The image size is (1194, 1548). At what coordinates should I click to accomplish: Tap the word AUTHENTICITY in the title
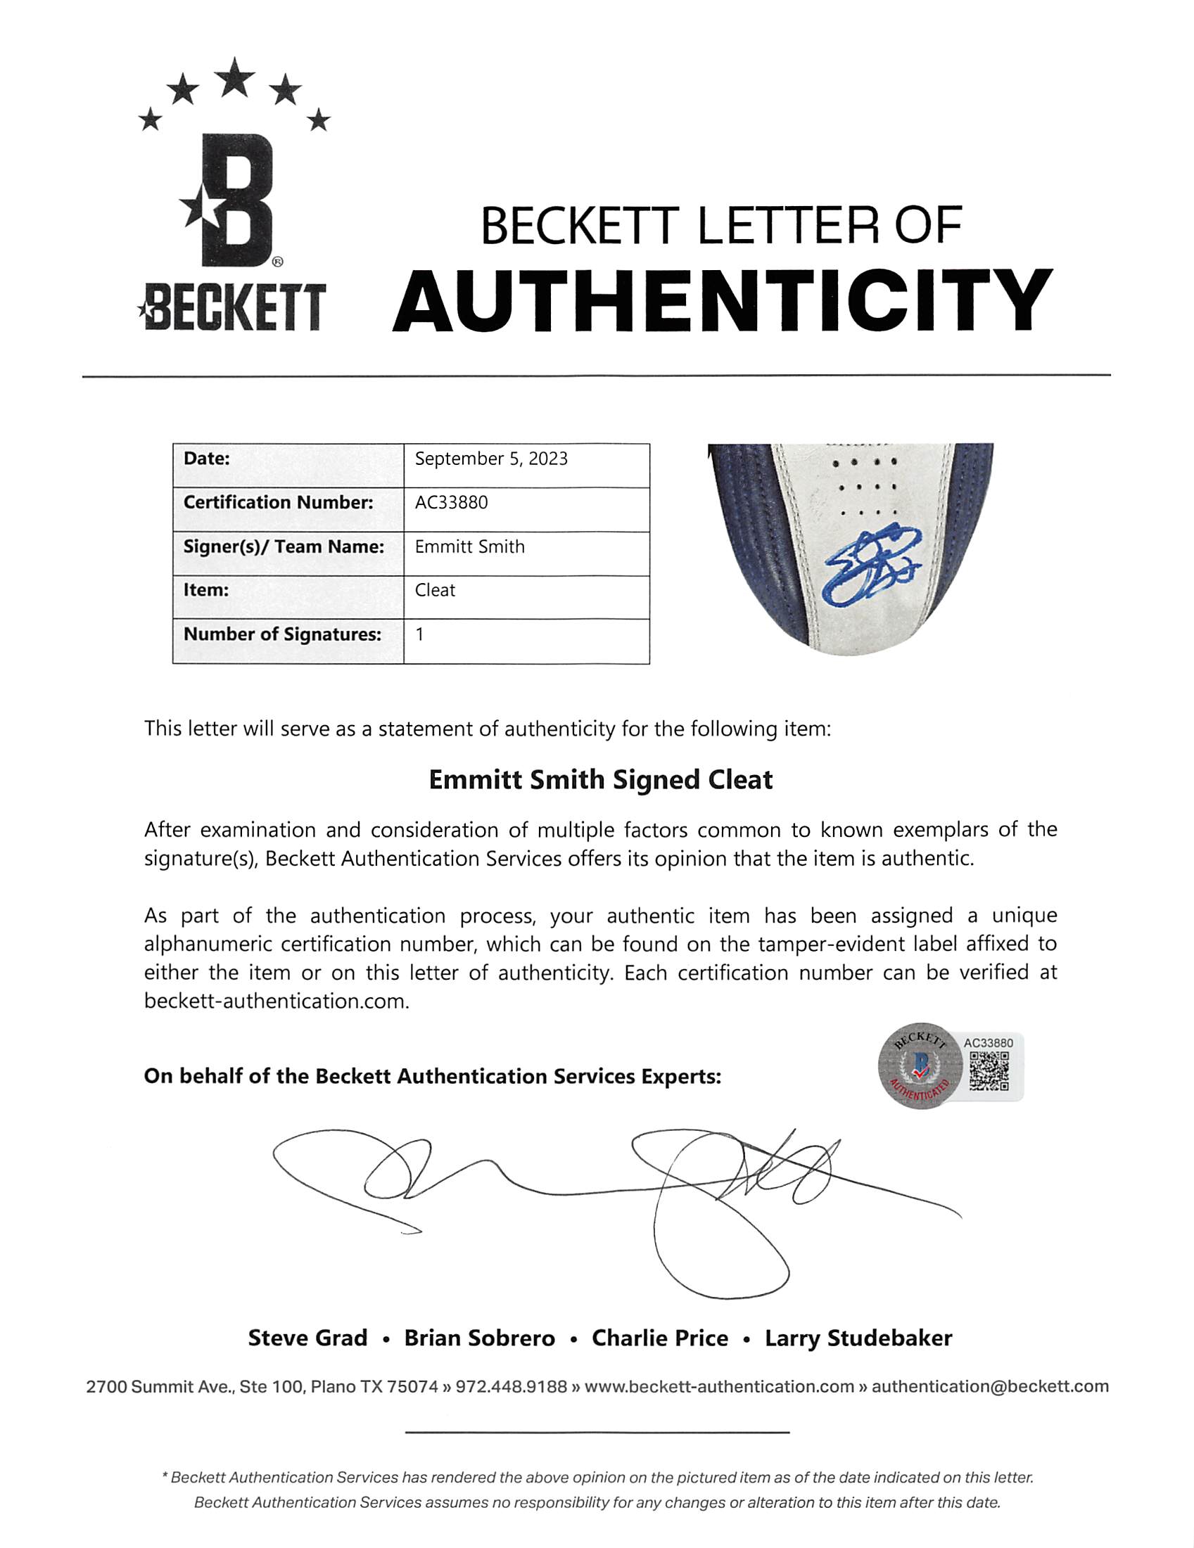click(722, 300)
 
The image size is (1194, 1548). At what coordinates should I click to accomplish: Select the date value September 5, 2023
click(490, 459)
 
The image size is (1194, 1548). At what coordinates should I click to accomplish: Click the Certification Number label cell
click(278, 503)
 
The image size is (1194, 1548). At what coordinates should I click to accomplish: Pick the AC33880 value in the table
click(451, 503)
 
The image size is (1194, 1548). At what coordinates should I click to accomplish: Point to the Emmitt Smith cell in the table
click(469, 546)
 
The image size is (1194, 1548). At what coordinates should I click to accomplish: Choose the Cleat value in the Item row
click(435, 589)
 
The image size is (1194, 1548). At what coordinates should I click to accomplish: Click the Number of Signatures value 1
click(420, 634)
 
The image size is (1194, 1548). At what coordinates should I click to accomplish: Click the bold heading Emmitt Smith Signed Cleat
click(600, 780)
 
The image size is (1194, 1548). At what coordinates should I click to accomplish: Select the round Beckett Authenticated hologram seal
click(920, 1066)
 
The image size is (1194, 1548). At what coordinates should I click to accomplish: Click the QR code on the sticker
click(989, 1070)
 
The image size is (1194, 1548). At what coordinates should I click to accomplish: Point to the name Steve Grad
click(307, 1338)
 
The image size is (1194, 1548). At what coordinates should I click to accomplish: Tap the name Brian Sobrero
click(479, 1338)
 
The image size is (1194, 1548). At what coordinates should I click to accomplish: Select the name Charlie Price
click(659, 1338)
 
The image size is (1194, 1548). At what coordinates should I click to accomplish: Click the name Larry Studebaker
click(858, 1338)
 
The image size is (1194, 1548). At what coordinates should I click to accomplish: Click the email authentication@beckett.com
click(990, 1386)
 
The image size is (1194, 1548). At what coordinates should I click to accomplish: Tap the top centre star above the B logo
click(235, 78)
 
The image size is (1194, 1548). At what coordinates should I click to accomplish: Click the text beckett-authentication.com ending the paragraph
click(277, 1001)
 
